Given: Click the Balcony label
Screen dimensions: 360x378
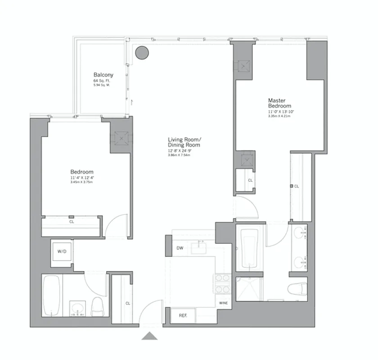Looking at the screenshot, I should (x=103, y=75).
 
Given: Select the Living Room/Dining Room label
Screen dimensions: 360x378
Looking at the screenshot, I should (x=184, y=142).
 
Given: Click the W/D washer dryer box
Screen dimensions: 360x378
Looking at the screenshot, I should (x=62, y=252).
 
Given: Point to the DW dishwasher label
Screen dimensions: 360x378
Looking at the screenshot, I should (x=180, y=248).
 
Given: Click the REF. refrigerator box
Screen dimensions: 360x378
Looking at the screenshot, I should (x=183, y=315).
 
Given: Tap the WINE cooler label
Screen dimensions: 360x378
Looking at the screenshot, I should (x=224, y=303).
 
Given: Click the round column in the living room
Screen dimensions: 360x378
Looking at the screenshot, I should (x=142, y=53).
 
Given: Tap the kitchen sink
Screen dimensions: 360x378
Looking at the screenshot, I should (x=198, y=247).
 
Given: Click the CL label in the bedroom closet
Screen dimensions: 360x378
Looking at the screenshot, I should (x=72, y=221).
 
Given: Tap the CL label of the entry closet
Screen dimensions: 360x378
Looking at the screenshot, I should (x=128, y=303).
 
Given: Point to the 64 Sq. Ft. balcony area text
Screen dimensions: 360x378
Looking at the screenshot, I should (x=103, y=81).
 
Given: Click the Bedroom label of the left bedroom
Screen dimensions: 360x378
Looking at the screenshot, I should (x=82, y=172).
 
